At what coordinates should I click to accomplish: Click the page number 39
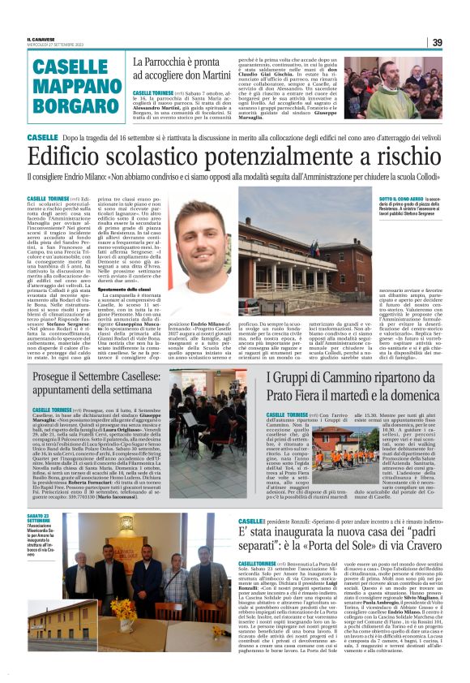pos(437,42)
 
